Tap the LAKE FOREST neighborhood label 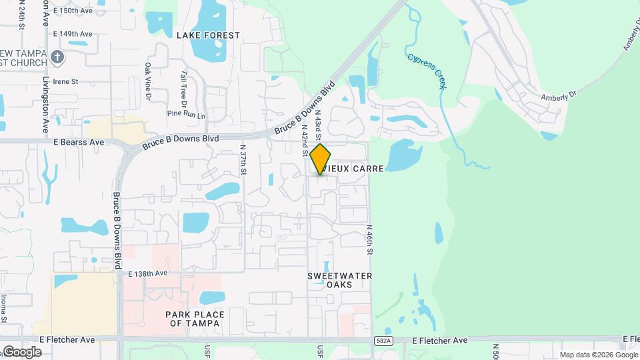coord(207,35)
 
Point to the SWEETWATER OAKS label coord(339,280)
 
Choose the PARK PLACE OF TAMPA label coord(196,319)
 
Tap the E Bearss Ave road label coord(79,142)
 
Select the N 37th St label coord(243,160)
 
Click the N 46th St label coord(369,239)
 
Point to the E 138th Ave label coord(148,273)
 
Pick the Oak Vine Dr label coord(148,77)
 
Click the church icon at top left coord(57,57)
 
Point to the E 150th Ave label coord(73,11)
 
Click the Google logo coord(21,352)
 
